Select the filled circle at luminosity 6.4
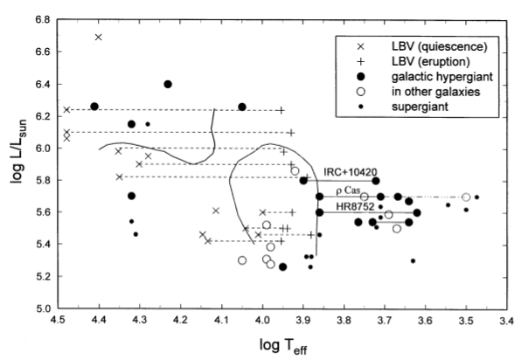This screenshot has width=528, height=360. (x=168, y=85)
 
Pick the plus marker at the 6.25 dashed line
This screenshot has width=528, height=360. (x=281, y=110)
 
